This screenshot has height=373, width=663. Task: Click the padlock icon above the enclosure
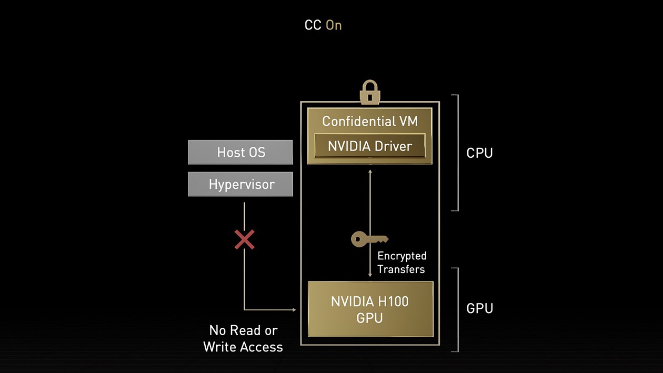click(370, 93)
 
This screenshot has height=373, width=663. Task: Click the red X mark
click(244, 239)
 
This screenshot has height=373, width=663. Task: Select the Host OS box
click(240, 153)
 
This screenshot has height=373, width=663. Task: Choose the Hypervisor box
click(240, 184)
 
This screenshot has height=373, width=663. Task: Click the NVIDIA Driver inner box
click(369, 146)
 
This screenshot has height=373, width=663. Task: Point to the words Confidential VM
click(369, 121)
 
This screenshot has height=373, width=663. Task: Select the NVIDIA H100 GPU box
click(370, 309)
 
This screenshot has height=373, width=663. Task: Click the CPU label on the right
click(479, 153)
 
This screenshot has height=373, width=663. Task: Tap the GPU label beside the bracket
click(479, 308)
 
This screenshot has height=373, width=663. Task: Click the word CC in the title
click(313, 25)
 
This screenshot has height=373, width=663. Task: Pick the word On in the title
click(334, 25)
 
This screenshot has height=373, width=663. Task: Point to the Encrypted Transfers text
click(401, 263)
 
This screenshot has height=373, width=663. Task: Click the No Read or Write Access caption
click(243, 338)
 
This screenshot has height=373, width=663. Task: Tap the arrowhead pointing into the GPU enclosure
click(294, 310)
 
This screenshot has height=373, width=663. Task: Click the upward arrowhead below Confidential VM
click(370, 171)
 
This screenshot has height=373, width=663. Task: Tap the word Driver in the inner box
click(391, 146)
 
